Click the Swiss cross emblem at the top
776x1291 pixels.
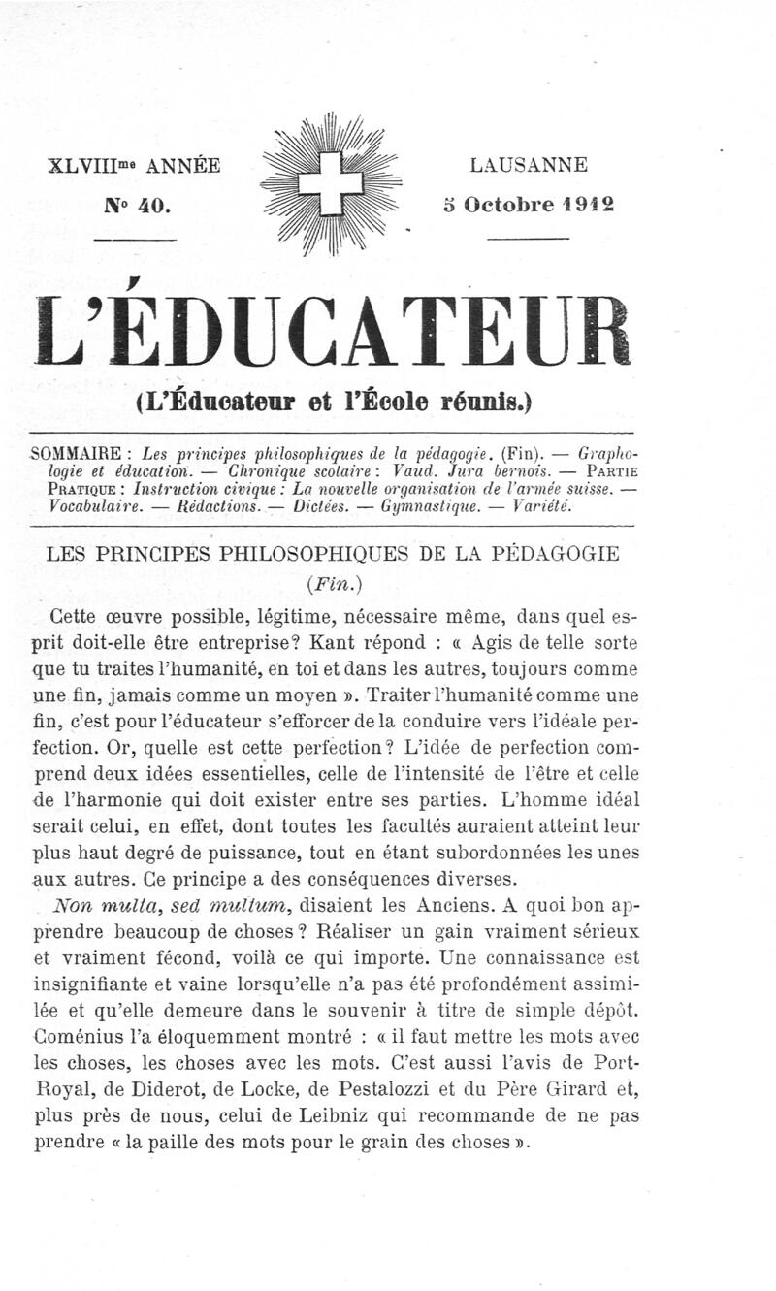pyautogui.click(x=330, y=182)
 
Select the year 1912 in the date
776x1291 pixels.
pyautogui.click(x=585, y=205)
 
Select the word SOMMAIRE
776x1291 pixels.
pyautogui.click(x=76, y=453)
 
